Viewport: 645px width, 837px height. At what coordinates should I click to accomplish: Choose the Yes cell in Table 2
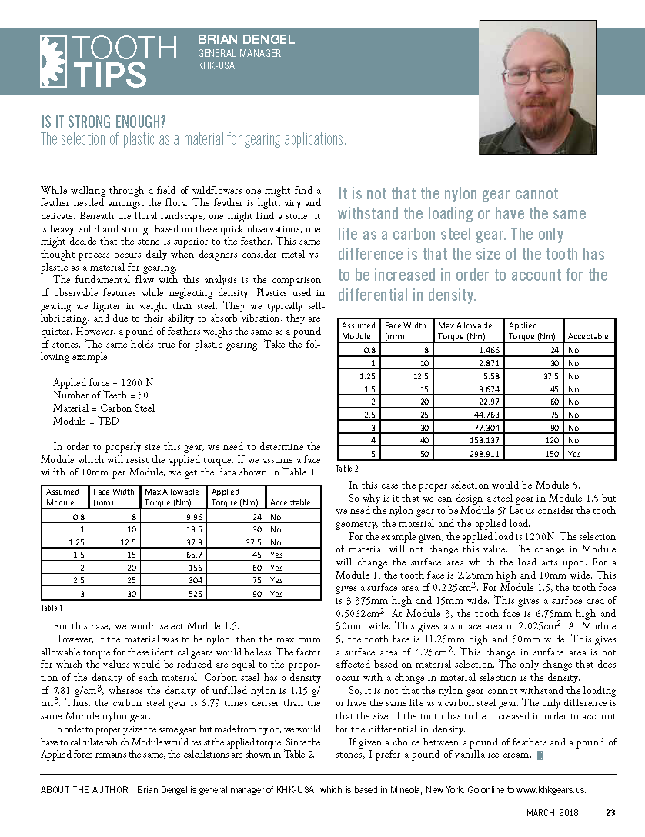(x=573, y=454)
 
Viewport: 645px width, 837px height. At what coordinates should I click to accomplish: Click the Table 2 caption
(x=348, y=468)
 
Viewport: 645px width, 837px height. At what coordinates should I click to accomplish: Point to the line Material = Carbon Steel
(x=104, y=408)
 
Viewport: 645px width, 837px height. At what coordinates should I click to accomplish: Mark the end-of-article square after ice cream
(x=540, y=755)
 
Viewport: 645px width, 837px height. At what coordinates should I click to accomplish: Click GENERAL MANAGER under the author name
(x=239, y=54)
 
